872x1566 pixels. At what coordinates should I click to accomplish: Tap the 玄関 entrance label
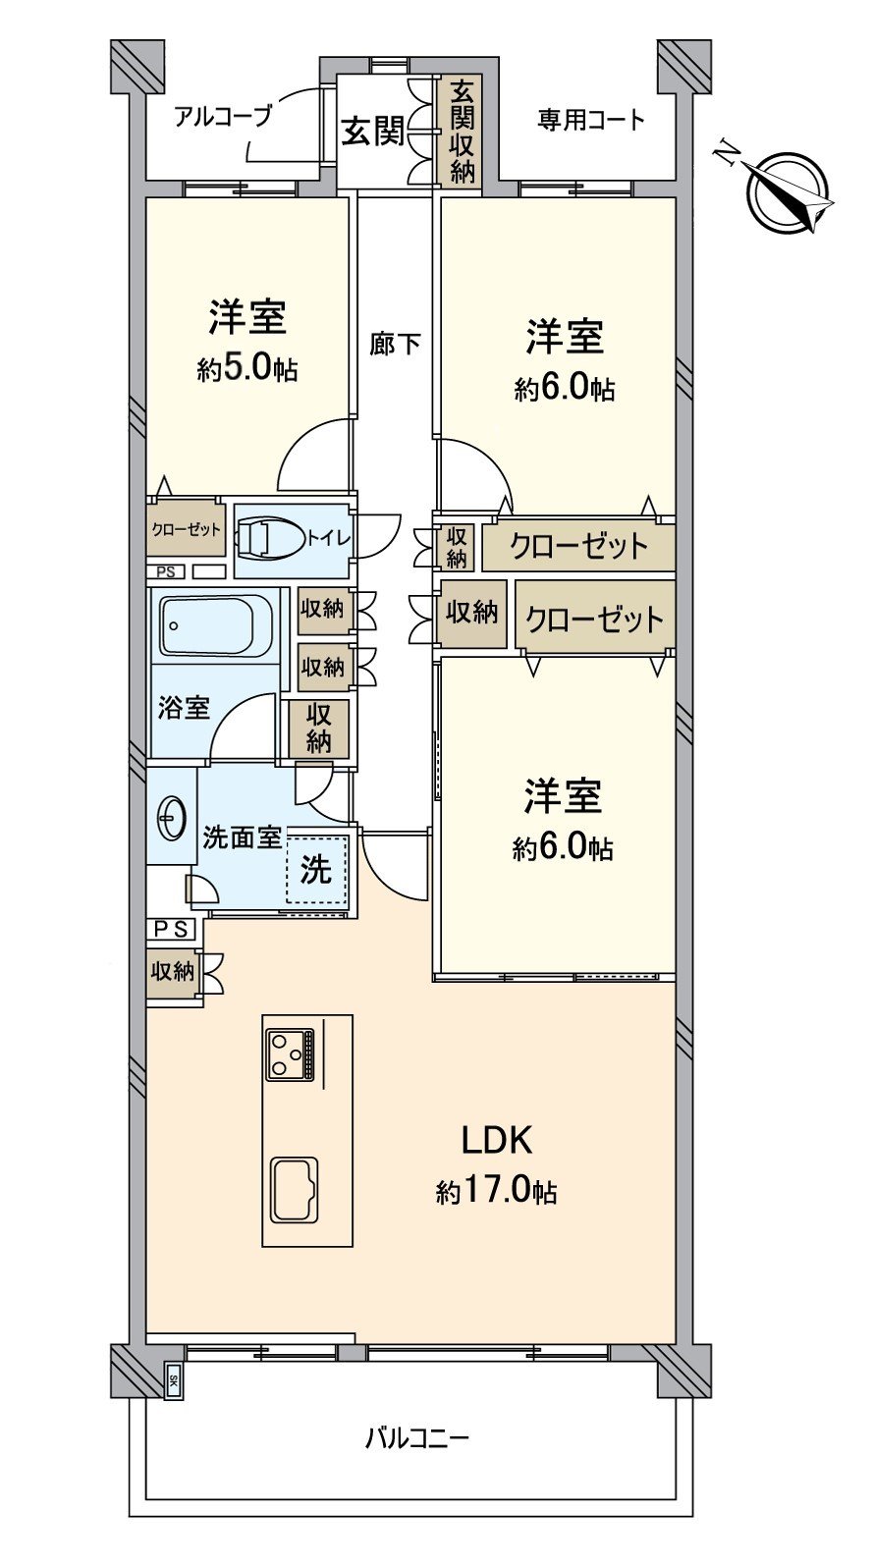(x=372, y=131)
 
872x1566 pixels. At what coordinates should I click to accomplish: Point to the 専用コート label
(x=590, y=120)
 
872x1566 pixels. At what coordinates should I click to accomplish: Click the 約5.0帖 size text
(x=246, y=369)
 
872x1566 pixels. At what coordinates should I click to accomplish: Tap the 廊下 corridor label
(x=395, y=344)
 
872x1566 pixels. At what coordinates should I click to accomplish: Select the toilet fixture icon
(x=266, y=539)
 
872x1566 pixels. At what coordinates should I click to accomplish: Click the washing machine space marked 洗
(x=316, y=870)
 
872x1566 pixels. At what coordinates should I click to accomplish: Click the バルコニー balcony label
(x=417, y=1439)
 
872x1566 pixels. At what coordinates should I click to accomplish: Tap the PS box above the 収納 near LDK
(x=172, y=929)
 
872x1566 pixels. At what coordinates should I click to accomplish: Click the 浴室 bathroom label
(x=184, y=708)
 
